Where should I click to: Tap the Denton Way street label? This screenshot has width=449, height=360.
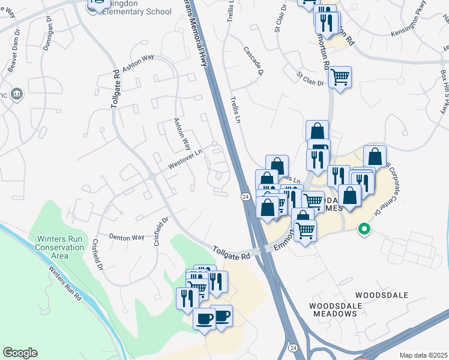[127, 237]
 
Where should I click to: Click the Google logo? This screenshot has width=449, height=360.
[20, 353]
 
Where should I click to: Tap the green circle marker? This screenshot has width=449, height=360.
[363, 228]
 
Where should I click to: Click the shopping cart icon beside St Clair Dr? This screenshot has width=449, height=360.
[340, 77]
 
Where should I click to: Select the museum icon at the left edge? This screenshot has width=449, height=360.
[16, 94]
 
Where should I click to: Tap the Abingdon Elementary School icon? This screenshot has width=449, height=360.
[97, 5]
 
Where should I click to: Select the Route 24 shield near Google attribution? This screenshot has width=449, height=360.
[293, 348]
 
